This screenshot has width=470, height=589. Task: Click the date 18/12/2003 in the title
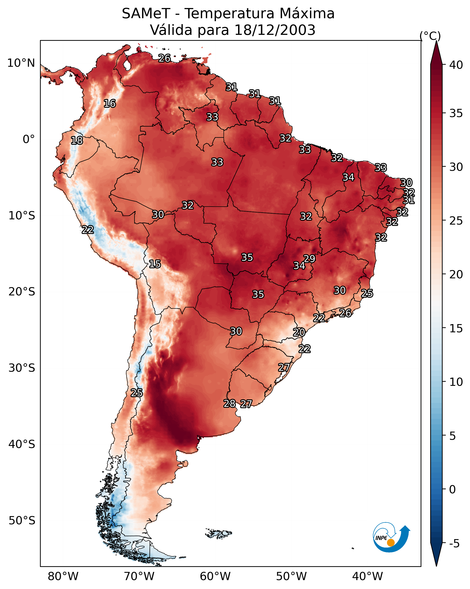pos(275,30)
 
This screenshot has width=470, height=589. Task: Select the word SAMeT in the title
pos(146,14)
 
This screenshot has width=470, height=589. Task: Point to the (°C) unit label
pos(430,36)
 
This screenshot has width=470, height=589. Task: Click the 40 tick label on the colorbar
pos(456,65)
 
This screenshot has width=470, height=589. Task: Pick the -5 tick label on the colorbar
pos(454,544)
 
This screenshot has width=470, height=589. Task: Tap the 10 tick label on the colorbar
pos(456,382)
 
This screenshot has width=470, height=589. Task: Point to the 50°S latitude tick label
pos(22,521)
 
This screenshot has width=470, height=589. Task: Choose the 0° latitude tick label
pos(29,139)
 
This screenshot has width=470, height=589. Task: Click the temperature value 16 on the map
pos(110,104)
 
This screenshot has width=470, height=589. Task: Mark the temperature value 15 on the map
pos(155,264)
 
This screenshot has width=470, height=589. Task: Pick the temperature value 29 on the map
pos(309,259)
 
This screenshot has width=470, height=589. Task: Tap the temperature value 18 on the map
pos(77,141)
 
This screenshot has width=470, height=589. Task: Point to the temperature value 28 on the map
pos(229,404)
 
